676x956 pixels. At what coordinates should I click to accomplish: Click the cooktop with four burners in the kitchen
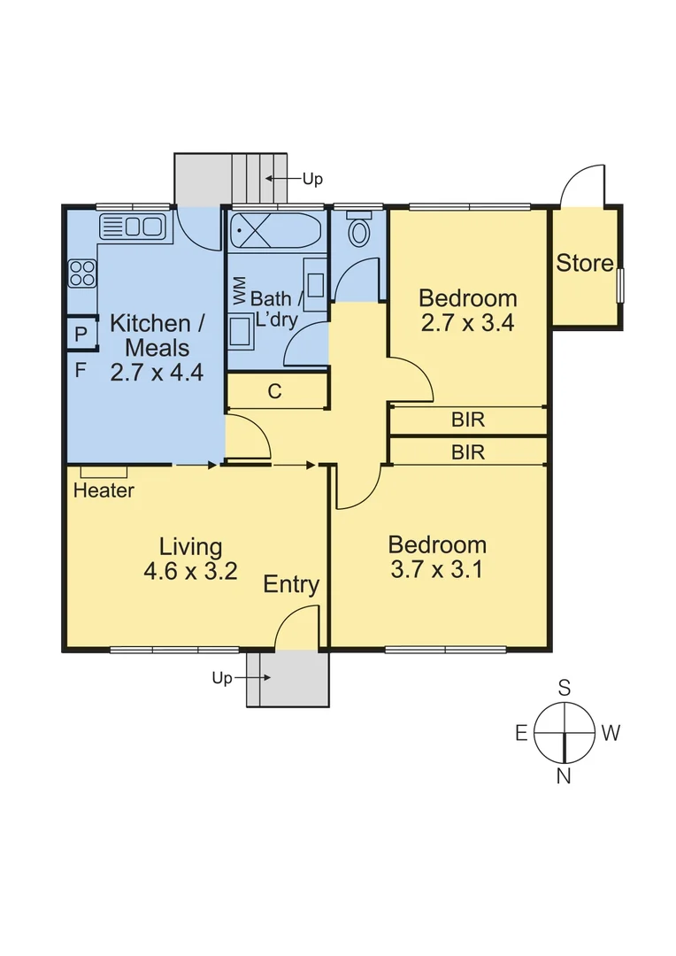coord(82,273)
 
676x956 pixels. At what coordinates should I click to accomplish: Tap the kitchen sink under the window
coord(134,227)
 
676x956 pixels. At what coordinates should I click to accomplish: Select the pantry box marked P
coord(81,335)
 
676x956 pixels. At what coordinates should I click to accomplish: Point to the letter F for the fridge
coord(80,370)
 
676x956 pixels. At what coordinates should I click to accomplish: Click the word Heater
coord(104,490)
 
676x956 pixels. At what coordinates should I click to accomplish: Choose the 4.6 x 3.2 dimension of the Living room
coord(190,571)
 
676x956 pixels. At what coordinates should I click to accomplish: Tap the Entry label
coord(291,584)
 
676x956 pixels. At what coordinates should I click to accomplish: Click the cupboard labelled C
coord(274,391)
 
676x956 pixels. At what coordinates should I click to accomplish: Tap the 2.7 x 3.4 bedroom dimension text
coord(467,322)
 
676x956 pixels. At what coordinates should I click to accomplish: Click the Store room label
coord(584,263)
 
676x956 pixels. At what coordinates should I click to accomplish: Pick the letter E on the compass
coord(522,732)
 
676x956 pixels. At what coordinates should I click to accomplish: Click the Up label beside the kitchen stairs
coord(312,179)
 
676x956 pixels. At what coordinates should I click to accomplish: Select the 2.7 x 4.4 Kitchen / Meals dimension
coord(157,372)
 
